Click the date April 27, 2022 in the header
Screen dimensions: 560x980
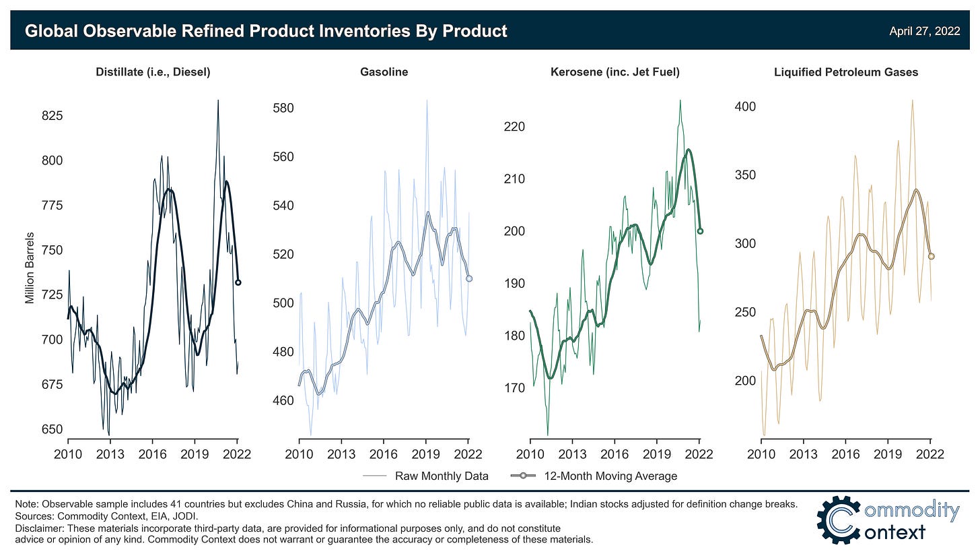[924, 31]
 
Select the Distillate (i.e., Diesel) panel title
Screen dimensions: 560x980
[153, 72]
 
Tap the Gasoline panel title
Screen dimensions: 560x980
[384, 72]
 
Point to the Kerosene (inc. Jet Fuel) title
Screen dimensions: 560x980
[615, 72]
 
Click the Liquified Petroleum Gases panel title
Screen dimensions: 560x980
[846, 72]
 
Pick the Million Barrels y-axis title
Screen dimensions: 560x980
[30, 268]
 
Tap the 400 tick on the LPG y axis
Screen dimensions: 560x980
[744, 106]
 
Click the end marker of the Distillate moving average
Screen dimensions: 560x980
[238, 282]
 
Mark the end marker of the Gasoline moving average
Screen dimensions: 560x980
[469, 278]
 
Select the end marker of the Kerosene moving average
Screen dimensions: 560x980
[700, 230]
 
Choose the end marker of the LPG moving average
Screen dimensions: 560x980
[932, 256]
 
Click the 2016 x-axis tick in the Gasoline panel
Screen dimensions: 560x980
[384, 454]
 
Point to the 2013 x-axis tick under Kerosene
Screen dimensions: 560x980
[572, 454]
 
